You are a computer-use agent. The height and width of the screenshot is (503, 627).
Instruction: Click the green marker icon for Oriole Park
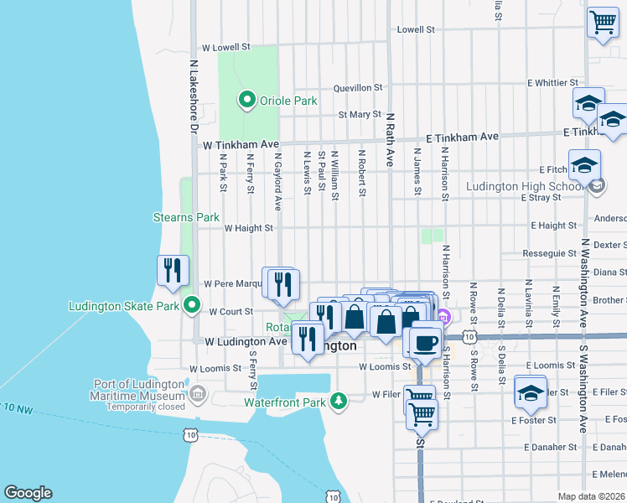246,101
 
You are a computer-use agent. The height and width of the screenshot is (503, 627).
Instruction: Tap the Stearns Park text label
186,217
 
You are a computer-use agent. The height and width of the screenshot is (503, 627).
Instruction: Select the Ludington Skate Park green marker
191,305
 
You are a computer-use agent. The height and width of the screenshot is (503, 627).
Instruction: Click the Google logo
28,493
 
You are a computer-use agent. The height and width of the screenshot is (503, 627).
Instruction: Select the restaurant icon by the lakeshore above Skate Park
171,270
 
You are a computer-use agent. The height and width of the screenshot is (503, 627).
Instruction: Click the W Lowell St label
226,49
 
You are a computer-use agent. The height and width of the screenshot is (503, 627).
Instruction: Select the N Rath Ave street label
390,139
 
